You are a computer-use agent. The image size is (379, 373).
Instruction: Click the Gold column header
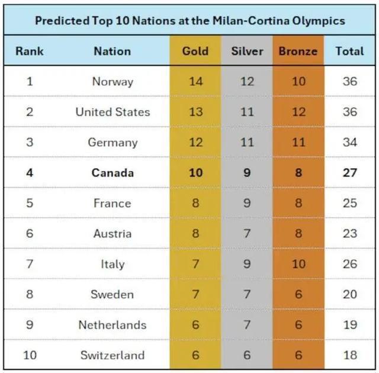coord(195,51)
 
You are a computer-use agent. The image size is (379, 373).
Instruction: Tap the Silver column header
coord(247,51)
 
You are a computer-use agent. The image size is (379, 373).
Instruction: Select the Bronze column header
coord(298,51)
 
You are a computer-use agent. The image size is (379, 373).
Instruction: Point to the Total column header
coord(349,51)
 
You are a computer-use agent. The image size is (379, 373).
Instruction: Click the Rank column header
coord(30,51)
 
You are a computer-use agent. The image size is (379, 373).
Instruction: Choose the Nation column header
coord(112,51)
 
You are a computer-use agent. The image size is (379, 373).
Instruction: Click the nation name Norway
coord(113,82)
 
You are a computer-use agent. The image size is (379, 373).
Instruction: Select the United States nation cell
coord(113,112)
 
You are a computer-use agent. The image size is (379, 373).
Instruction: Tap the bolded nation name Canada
coord(113,173)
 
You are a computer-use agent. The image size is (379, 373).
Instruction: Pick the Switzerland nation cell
coord(113,355)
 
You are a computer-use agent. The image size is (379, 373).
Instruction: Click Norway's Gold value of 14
coord(195,82)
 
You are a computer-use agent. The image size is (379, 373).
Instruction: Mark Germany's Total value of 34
coord(349,143)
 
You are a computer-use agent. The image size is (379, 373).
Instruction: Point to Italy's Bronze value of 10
coord(298,264)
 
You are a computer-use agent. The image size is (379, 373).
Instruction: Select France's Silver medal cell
coord(247,203)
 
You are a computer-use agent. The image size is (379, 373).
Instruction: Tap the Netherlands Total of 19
coord(349,325)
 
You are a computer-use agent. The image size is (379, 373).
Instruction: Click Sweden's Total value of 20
coord(349,294)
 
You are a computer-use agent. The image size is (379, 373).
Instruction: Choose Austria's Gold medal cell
coord(195,233)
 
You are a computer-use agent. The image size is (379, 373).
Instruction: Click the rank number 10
coord(30,355)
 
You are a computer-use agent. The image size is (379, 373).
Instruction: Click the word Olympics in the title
coord(318,21)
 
